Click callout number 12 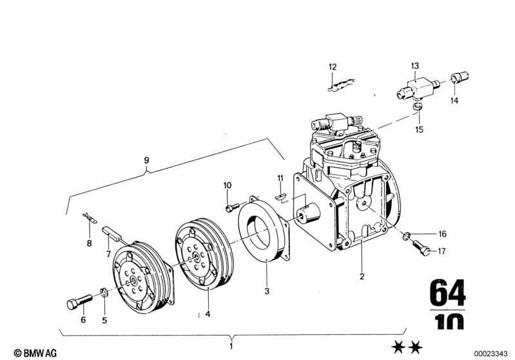click(333, 67)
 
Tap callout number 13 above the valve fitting click(415, 66)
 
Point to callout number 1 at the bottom click(233, 346)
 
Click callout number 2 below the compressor click(362, 277)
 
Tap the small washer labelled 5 click(104, 295)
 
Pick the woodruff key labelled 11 click(280, 196)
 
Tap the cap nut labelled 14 click(456, 79)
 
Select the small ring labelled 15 click(418, 105)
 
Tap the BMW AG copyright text click(24, 354)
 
